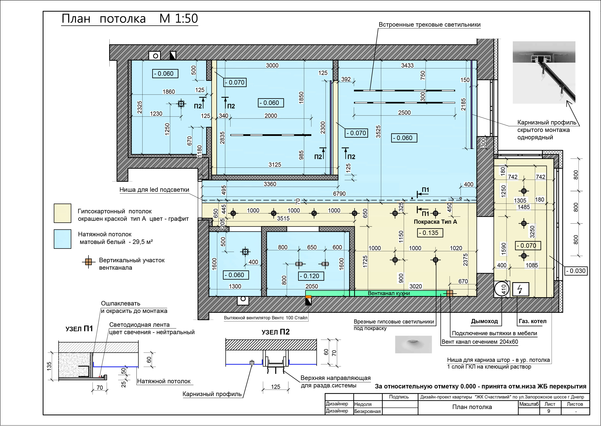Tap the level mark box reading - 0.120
click(x=311, y=276)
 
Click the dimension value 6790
click(x=339, y=194)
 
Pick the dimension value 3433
click(x=407, y=66)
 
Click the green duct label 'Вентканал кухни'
click(x=389, y=293)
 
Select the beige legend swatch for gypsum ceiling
click(x=62, y=213)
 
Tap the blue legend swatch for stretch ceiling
click(x=62, y=239)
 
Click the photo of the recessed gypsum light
click(x=413, y=344)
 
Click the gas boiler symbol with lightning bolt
click(x=520, y=290)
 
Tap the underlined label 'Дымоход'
click(x=484, y=321)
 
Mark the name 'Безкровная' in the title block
click(x=367, y=411)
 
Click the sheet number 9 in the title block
click(x=549, y=411)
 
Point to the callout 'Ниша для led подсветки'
click(x=154, y=190)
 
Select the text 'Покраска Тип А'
click(x=435, y=222)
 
